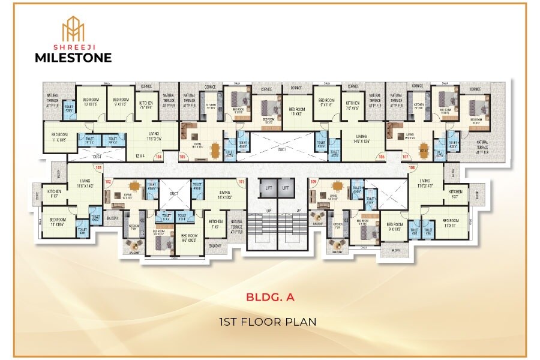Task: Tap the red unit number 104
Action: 159,157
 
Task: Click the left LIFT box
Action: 268,188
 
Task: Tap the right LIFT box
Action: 286,188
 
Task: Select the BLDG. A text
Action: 269,296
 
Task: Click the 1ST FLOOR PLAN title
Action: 269,322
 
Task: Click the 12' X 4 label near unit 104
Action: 141,156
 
